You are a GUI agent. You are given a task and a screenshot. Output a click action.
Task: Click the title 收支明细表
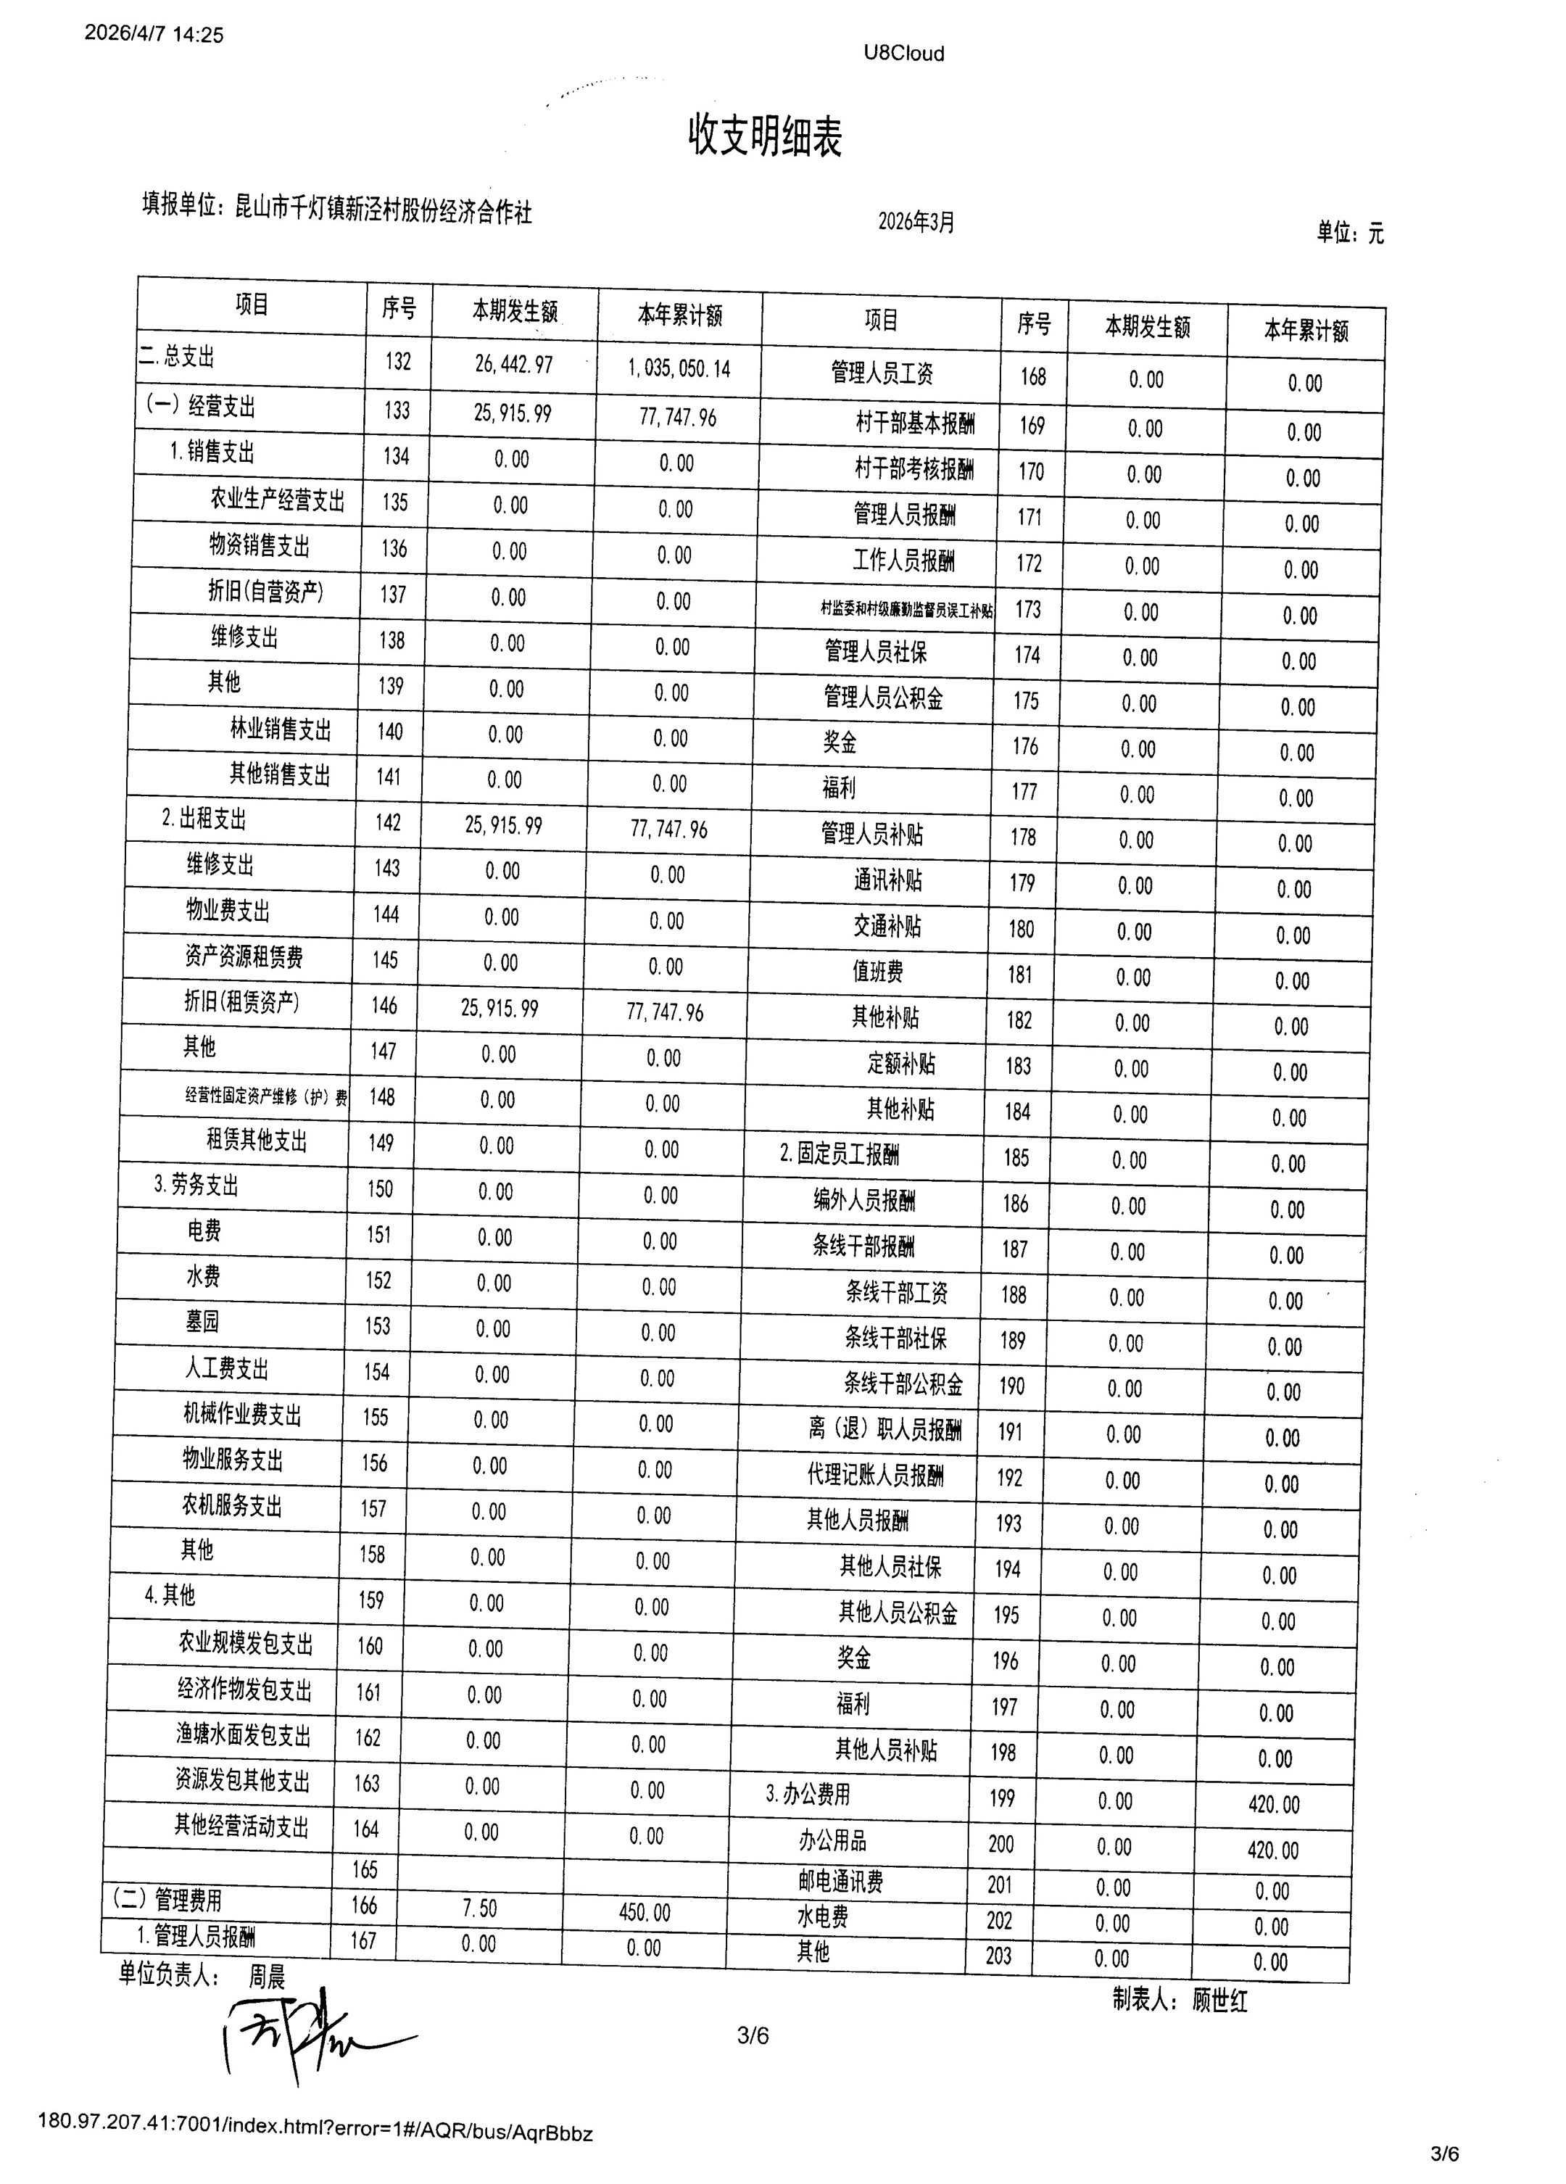(x=765, y=136)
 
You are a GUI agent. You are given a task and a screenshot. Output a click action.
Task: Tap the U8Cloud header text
(x=903, y=54)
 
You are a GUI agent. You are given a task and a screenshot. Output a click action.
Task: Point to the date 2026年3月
(x=916, y=223)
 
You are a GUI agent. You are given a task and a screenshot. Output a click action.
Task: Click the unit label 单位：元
(x=1350, y=232)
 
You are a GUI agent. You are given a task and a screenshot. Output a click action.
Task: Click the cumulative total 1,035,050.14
(x=679, y=368)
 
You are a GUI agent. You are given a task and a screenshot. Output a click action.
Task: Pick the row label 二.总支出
(x=176, y=357)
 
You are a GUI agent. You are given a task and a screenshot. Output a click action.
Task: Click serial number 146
(x=384, y=1005)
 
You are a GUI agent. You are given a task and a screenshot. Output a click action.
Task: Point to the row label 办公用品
(x=832, y=1840)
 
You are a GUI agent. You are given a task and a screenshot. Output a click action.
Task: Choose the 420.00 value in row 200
(x=1273, y=1850)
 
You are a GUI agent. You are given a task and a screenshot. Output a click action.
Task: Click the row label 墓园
(x=202, y=1321)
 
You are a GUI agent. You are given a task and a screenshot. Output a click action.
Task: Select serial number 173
(x=1027, y=610)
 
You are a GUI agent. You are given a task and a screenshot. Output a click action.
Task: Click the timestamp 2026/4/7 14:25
(x=154, y=35)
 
